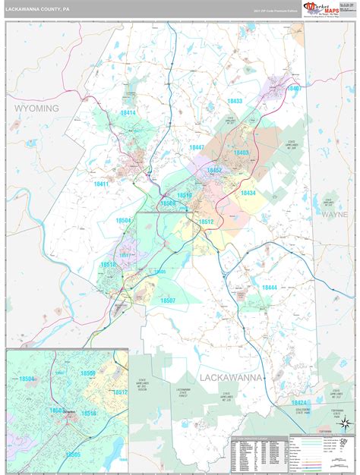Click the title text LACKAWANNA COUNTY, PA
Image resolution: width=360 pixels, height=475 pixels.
click(38, 10)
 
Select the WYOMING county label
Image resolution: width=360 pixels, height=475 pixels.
click(36, 109)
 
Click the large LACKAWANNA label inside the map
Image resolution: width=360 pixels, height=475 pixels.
click(232, 377)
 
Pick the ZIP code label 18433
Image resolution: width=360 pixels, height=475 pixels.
click(235, 102)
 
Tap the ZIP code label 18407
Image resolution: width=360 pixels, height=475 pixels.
click(294, 89)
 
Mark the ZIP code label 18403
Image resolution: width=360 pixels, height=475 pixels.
click(242, 153)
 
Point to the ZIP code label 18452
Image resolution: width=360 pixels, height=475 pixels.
click(215, 171)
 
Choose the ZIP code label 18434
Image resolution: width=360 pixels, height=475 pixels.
click(248, 193)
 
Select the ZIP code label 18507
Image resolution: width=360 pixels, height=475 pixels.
click(168, 300)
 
